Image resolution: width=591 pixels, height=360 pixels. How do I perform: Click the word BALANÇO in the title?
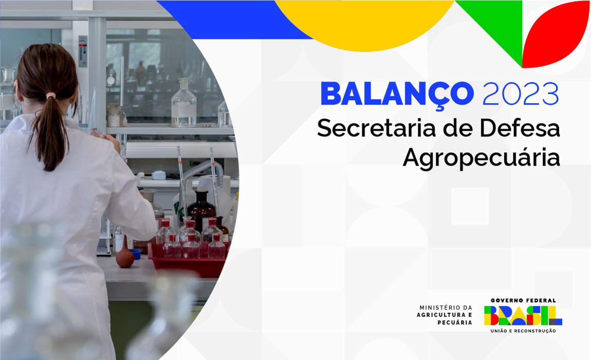point(396,94)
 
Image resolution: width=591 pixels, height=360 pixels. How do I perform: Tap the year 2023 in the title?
point(521,94)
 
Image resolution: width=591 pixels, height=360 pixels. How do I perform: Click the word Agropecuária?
point(481,157)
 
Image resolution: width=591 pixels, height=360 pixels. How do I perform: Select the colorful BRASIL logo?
point(523,315)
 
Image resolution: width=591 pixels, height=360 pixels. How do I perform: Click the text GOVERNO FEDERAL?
point(523,300)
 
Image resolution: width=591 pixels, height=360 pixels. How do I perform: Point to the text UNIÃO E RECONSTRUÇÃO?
point(523,331)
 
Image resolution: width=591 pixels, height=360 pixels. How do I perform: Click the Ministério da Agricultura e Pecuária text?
point(446,315)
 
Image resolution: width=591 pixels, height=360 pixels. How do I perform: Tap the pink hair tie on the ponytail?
point(50,96)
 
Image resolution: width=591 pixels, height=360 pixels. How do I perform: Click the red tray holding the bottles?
point(188,262)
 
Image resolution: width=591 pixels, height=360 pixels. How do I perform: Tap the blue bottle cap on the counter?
point(135,253)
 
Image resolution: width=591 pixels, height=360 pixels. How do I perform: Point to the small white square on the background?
point(470,206)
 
